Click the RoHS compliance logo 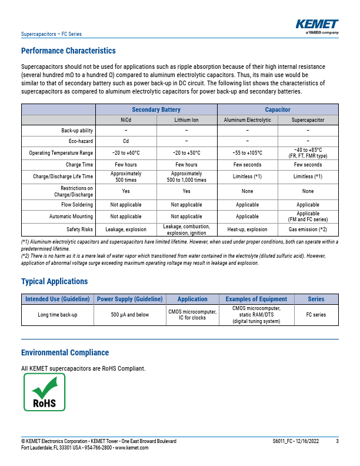tap(44, 392)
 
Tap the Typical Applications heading tap(54, 282)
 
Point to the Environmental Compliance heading tap(65, 352)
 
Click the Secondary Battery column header tap(156, 110)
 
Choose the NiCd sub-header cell tap(126, 120)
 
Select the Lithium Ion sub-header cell tap(186, 120)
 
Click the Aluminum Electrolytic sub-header tap(247, 120)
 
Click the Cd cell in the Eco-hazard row tap(126, 141)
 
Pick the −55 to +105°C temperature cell tap(247, 153)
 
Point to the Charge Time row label tap(79, 165)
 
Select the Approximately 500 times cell tap(126, 177)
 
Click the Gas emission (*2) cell tap(308, 229)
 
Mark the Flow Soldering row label tap(78, 205)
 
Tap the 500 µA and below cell tap(130, 315)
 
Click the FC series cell tap(316, 315)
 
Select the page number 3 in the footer tap(337, 441)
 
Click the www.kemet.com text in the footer tap(132, 448)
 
